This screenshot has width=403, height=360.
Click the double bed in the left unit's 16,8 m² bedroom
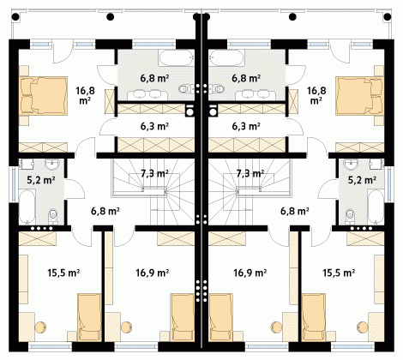click(44, 96)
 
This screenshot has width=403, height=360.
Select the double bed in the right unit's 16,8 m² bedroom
click(359, 96)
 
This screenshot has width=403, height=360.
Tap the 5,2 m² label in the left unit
click(41, 180)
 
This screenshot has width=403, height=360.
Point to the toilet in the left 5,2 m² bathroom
click(53, 216)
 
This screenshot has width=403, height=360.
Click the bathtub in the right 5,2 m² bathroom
click(376, 207)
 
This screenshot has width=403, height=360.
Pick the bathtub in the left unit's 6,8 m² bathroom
click(177, 58)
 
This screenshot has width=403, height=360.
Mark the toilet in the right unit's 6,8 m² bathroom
click(217, 89)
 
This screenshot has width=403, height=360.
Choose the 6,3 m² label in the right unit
click(246, 126)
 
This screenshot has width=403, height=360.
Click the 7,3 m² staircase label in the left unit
click(154, 173)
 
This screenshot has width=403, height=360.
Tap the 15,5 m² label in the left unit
click(63, 273)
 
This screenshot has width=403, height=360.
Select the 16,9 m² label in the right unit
click(250, 273)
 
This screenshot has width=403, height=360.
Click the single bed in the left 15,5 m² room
click(90, 317)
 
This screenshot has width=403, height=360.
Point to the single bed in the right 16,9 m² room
click(220, 317)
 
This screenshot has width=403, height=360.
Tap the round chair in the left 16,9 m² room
click(126, 327)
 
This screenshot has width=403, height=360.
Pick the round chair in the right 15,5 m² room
click(363, 327)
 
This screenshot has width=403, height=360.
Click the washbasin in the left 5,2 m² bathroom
click(51, 165)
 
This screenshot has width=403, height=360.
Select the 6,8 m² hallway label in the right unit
click(295, 211)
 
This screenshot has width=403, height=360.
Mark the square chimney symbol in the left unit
click(189, 111)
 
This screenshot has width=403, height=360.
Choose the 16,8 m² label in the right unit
click(316, 95)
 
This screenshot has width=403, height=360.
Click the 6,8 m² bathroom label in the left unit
click(154, 78)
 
